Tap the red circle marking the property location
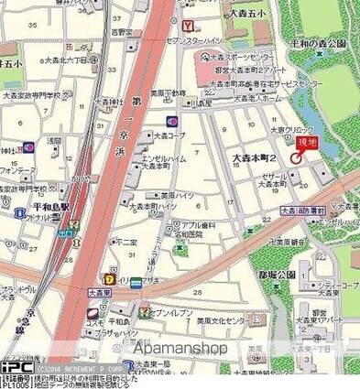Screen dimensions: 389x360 click(296, 157)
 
